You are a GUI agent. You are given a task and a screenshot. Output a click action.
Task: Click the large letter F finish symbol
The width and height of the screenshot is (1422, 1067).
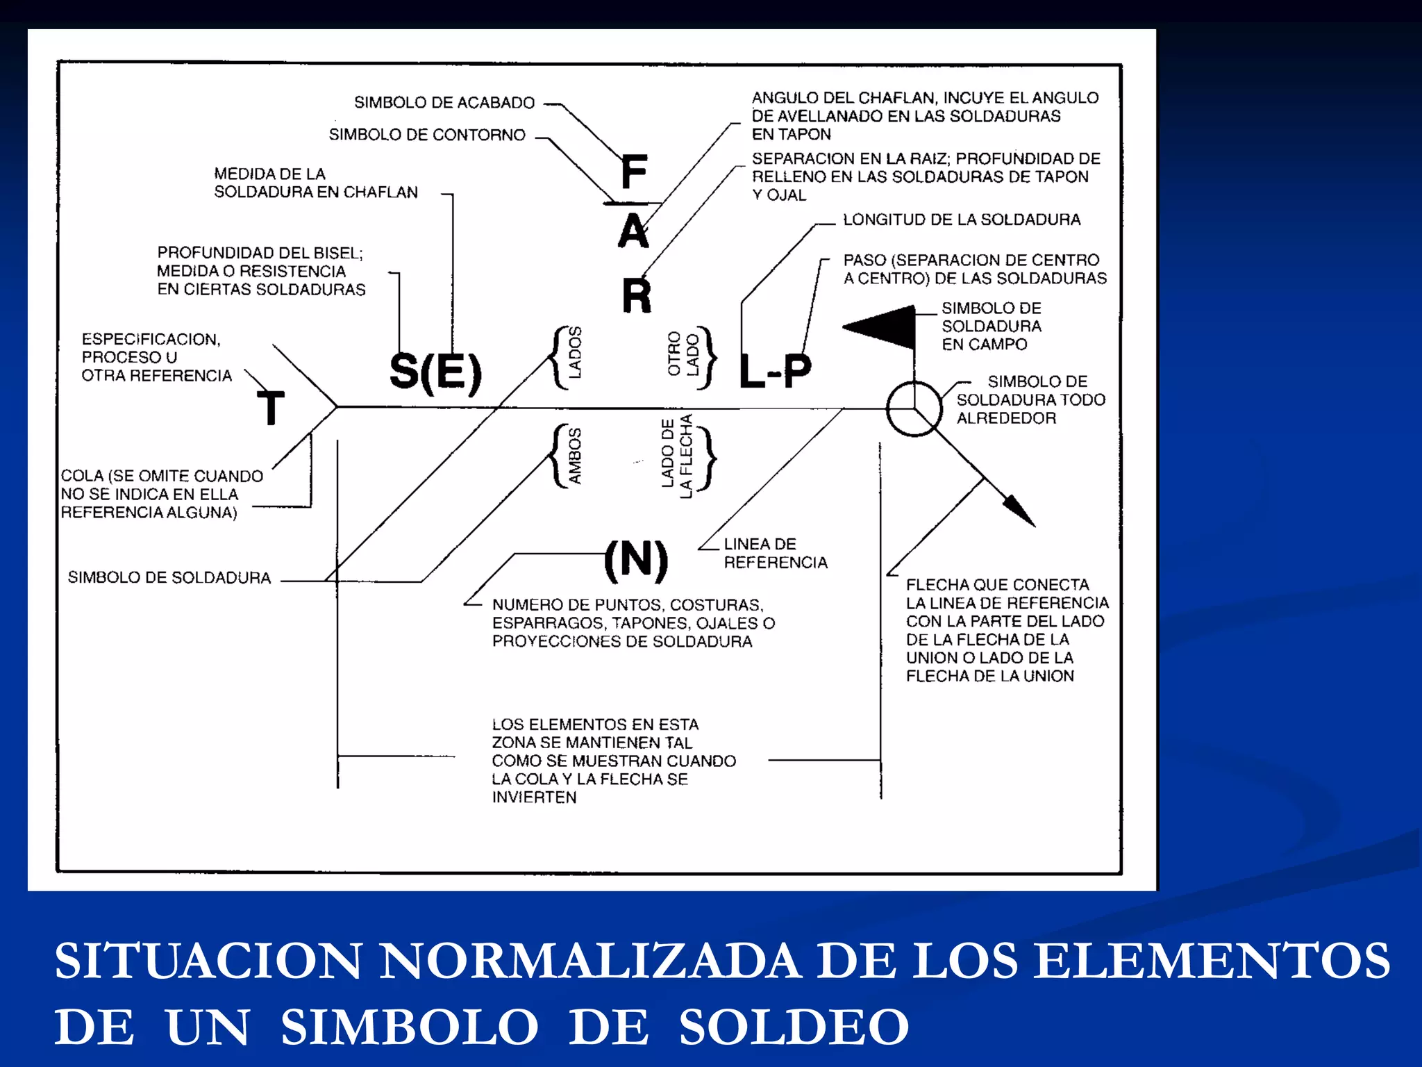[x=634, y=172]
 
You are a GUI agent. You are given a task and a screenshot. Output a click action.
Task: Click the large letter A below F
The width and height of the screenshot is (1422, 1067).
[x=633, y=231]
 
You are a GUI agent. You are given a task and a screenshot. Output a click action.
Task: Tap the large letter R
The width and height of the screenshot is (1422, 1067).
[x=637, y=295]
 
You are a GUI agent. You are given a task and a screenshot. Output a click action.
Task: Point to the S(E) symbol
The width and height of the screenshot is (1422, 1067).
[x=435, y=372]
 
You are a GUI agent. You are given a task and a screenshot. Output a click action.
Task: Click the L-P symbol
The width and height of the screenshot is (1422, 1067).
[x=775, y=371]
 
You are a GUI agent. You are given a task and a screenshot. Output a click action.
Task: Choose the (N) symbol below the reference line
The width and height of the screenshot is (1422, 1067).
[x=636, y=559]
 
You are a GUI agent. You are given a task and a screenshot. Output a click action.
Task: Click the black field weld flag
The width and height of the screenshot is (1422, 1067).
[x=882, y=326]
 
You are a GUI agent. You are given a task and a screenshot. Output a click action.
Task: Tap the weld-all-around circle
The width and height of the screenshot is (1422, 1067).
[x=914, y=408]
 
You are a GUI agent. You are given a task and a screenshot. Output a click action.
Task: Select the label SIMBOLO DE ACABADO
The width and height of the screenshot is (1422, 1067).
[x=444, y=103]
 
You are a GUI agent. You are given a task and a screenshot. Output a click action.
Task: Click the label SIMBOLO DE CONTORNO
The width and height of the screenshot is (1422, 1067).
[x=427, y=135]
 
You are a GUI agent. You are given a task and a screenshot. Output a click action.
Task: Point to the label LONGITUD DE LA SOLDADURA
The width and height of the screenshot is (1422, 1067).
[x=962, y=220]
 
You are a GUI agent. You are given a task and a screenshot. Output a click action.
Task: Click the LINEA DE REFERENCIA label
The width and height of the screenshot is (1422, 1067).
[x=775, y=553]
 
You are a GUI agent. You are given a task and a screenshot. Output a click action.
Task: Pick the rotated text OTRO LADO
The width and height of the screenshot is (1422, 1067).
[x=683, y=354]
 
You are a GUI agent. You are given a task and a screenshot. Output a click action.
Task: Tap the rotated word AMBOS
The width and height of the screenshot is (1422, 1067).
[x=575, y=456]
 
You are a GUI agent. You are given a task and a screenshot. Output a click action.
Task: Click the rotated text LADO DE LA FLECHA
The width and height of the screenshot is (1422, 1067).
[x=677, y=456]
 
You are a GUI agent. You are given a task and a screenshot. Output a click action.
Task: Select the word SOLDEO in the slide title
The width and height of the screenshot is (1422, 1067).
[x=794, y=1027]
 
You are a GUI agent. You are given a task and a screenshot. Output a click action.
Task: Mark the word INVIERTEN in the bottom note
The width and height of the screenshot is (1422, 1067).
[x=534, y=797]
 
